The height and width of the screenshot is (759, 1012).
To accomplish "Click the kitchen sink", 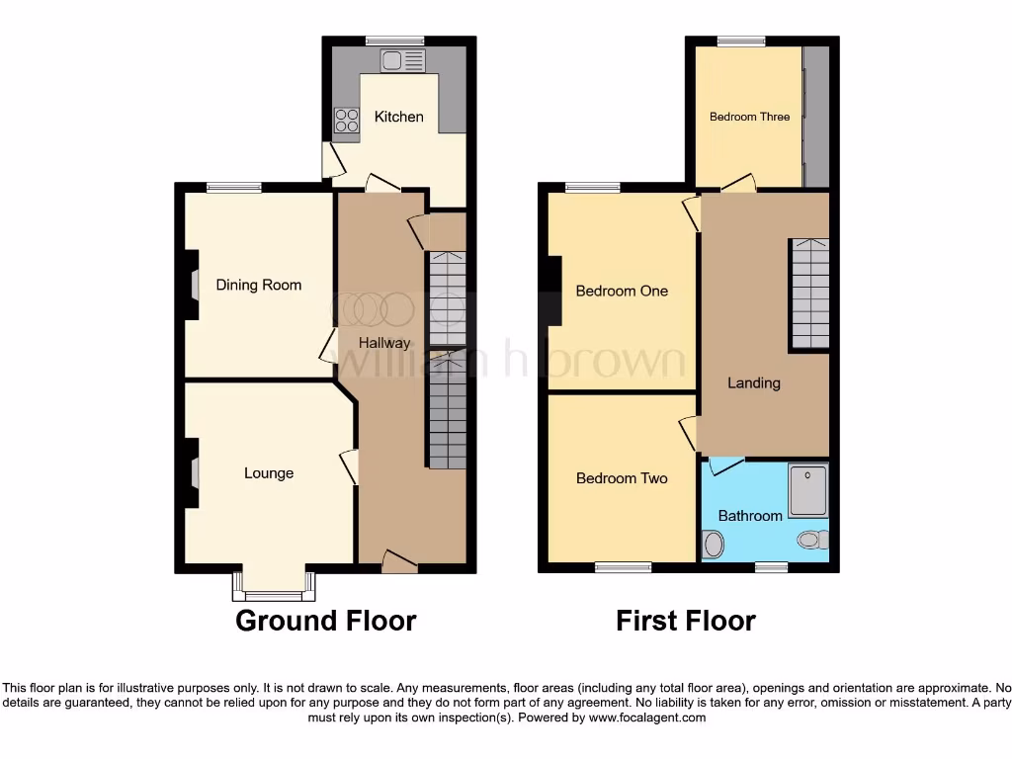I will pos(402,61).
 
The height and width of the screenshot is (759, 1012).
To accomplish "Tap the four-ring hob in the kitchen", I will pos(347,121).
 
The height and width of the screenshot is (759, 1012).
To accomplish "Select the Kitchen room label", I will pos(398,117).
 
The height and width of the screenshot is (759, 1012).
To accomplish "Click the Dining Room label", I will pos(259,285).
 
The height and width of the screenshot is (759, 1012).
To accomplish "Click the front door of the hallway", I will pos(400,561).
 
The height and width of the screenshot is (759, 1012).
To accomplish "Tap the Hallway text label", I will pos(384,343).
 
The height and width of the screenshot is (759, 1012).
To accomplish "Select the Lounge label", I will pos(269,473).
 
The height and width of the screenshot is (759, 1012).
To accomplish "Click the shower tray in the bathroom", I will pos(808,491).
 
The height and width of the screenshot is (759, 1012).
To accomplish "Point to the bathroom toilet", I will pos(813,540).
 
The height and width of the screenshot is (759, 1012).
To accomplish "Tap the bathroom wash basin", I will pos(713,544).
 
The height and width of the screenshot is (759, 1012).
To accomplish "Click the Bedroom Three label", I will pos(749,117).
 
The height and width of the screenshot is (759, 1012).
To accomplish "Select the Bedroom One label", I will pos(622,291).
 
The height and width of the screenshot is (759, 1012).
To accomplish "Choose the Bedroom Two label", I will pos(622,478).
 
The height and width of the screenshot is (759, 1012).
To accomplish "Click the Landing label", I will pos(754,382).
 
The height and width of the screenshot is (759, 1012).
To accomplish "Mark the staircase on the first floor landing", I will pos(808,294).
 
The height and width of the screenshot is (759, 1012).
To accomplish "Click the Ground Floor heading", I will pos(325,621).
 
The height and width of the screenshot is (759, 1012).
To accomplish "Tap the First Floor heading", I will pos(686,621).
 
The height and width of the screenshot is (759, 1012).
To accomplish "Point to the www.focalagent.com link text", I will pos(647,718).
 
